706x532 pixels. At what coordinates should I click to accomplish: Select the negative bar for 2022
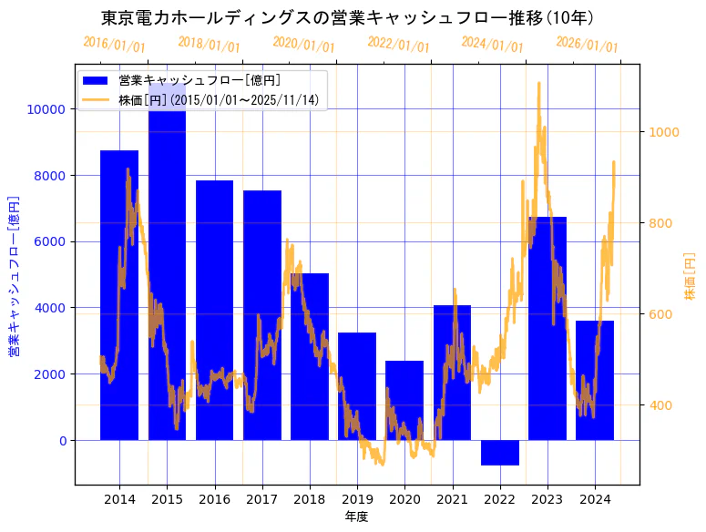(x=499, y=453)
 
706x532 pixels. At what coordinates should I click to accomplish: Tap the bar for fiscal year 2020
(x=404, y=401)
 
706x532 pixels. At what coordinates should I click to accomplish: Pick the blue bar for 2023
(x=547, y=328)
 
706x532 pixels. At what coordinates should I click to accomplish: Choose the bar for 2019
(x=357, y=386)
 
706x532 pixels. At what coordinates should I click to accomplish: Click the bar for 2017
(x=262, y=315)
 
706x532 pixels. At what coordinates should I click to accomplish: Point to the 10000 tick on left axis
(x=47, y=109)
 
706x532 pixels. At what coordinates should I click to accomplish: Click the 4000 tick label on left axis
(x=51, y=308)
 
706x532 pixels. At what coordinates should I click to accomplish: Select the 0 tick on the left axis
(x=62, y=441)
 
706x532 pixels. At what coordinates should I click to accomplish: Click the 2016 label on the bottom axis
(x=215, y=499)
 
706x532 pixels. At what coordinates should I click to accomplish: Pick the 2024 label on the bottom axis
(x=595, y=499)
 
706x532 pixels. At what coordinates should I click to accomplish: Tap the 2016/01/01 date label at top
(x=114, y=45)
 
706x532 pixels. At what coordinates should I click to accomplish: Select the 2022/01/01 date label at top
(x=398, y=45)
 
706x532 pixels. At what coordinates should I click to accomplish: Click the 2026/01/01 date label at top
(x=587, y=45)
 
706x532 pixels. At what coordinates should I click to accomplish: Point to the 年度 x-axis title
(x=356, y=517)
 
